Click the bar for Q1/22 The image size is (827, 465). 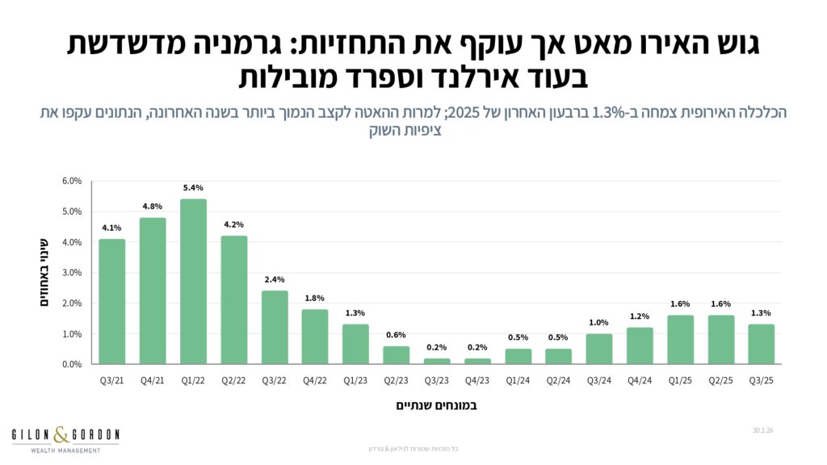click(193, 282)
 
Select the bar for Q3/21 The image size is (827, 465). click(112, 302)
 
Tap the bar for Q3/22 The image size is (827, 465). click(275, 328)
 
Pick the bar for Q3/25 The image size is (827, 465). click(761, 345)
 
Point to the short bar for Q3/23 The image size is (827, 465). click(437, 361)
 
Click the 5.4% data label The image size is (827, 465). click(193, 188)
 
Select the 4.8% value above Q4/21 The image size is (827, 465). click(153, 207)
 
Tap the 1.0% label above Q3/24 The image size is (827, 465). click(598, 323)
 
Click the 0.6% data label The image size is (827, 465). click(396, 335)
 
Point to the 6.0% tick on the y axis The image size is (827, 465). click(72, 181)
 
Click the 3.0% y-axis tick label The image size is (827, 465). click(72, 273)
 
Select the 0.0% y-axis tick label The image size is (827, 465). click(72, 364)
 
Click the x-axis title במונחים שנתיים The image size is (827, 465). click(436, 405)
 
